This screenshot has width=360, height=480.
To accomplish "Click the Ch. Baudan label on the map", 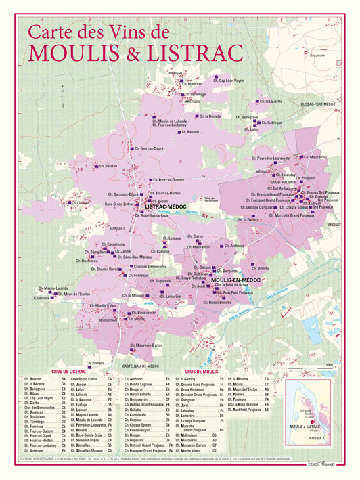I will (x=106, y=165).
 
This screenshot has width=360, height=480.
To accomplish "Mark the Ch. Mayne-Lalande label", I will (x=54, y=288).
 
